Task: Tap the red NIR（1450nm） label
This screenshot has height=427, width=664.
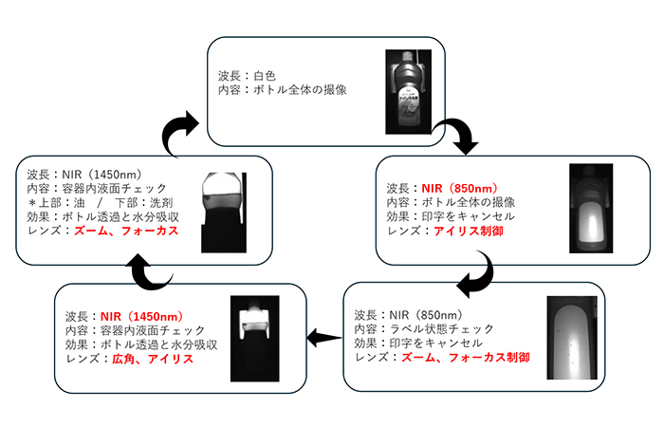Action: tap(144, 316)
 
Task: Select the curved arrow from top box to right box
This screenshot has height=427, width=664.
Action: tap(463, 138)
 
